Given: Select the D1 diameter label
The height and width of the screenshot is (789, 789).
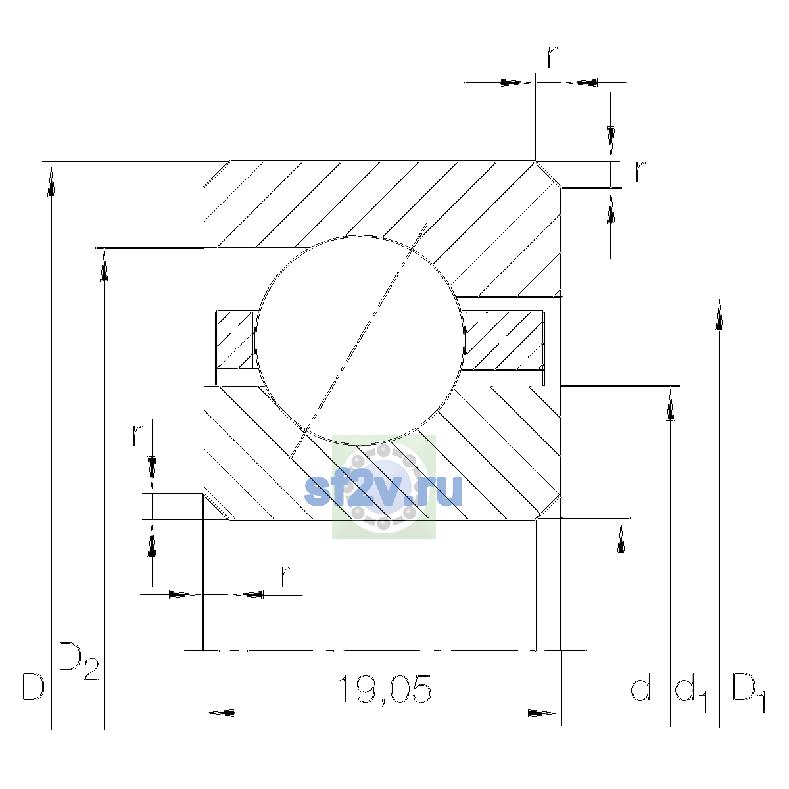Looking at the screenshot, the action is click(748, 692).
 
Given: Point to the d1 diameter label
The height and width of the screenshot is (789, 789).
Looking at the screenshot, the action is click(691, 692).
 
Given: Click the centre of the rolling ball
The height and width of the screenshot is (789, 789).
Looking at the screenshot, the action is click(360, 340).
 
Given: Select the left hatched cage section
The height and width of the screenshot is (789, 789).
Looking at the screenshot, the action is click(235, 340).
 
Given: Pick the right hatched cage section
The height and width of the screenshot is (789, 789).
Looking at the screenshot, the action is click(504, 340).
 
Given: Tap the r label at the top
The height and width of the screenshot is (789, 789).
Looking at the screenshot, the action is click(552, 57).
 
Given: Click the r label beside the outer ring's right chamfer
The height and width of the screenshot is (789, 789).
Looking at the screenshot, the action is click(640, 172).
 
